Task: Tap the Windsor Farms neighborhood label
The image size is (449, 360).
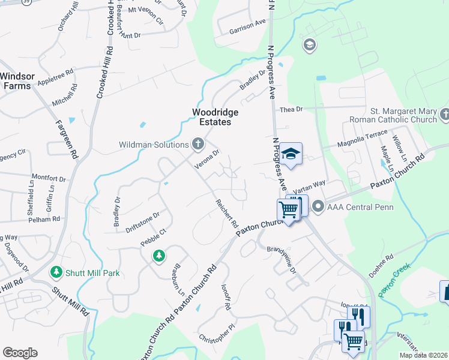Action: (x=17, y=81)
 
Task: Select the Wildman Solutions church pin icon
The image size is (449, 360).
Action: (x=198, y=143)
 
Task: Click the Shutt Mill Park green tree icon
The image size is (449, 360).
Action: (x=56, y=272)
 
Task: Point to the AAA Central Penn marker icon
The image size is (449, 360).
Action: (x=318, y=207)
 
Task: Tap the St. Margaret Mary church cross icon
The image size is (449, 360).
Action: (x=444, y=114)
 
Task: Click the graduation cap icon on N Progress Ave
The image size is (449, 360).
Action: (x=291, y=154)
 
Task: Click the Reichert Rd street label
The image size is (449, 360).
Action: (x=227, y=213)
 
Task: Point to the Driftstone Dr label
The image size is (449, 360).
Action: (x=142, y=221)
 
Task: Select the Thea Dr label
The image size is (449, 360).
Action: (x=292, y=109)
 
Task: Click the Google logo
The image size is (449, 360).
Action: (x=20, y=353)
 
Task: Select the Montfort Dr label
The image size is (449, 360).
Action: (x=48, y=178)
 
